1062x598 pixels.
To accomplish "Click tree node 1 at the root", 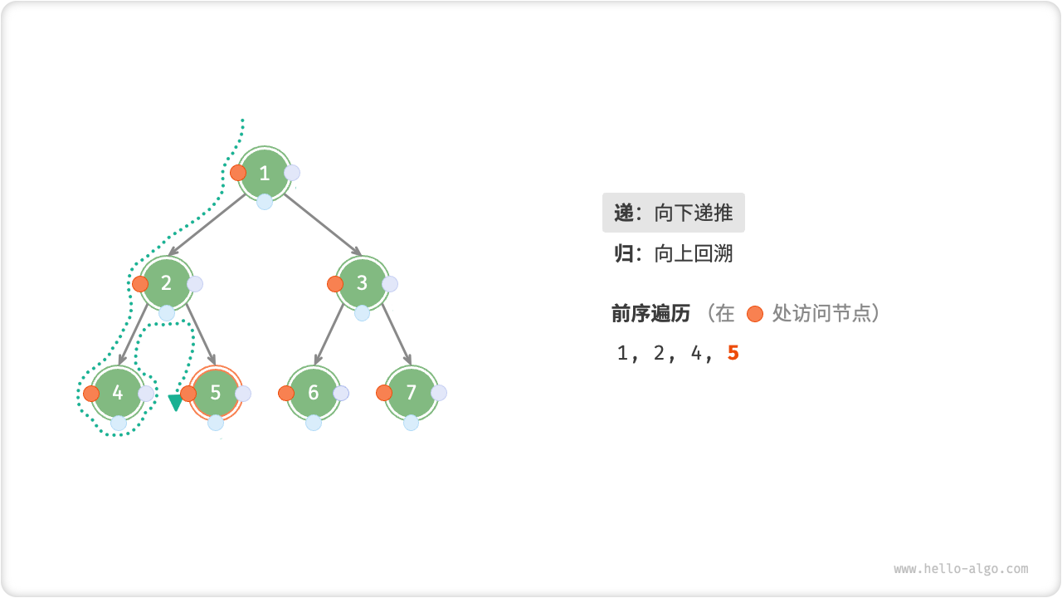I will (x=265, y=173).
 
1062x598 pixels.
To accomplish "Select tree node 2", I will (x=167, y=283).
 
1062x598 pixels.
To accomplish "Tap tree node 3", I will (x=363, y=283).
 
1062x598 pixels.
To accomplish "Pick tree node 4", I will (x=118, y=393).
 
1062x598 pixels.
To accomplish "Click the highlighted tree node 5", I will (x=216, y=393).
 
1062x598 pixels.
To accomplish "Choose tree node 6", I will (x=314, y=393).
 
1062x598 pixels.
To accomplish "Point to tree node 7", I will (x=412, y=393).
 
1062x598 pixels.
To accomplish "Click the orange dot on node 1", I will (x=238, y=173).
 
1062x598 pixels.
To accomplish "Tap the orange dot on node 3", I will (x=335, y=284).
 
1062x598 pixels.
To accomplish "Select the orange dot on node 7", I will (x=384, y=393).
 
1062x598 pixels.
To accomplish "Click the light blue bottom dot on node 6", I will (x=314, y=423).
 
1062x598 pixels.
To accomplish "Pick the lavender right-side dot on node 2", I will (x=195, y=284).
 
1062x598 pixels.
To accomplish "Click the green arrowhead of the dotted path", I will (x=175, y=403).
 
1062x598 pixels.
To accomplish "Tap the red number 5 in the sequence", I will (x=733, y=353).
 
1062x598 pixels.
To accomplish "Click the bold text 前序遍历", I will (x=650, y=313).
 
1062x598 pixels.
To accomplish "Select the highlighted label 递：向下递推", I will (x=673, y=213).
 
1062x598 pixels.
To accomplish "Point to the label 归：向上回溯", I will (x=673, y=253).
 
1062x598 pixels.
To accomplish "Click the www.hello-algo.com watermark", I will (x=961, y=569).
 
